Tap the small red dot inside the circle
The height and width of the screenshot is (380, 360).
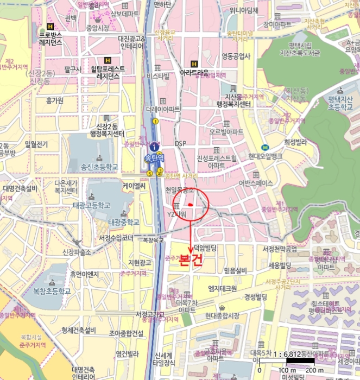tap(191, 204)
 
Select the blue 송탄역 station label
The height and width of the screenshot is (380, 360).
tap(154, 159)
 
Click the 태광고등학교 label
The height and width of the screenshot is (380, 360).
tap(92, 205)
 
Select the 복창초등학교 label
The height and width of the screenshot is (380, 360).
tap(52, 290)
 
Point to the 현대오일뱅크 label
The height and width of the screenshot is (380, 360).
tap(266, 156)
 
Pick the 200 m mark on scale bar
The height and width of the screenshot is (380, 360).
tap(311, 370)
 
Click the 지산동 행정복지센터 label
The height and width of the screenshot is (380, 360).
tap(233, 100)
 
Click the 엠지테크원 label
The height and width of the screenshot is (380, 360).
tap(222, 288)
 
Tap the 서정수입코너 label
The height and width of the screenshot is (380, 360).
tap(116, 238)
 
